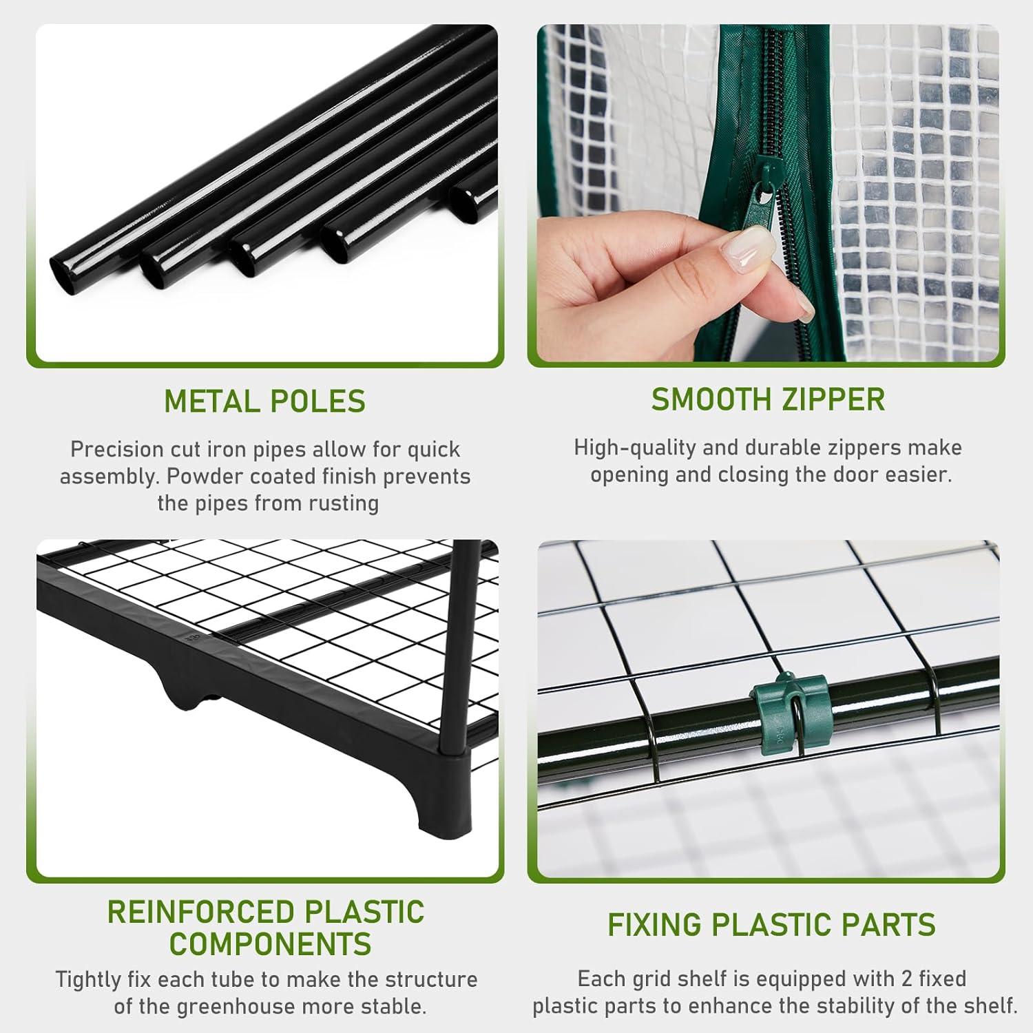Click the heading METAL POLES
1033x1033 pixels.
click(x=265, y=401)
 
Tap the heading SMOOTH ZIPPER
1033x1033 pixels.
click(x=768, y=400)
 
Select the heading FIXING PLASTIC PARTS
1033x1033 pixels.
click(x=771, y=925)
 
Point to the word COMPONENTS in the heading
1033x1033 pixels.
click(x=271, y=943)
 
